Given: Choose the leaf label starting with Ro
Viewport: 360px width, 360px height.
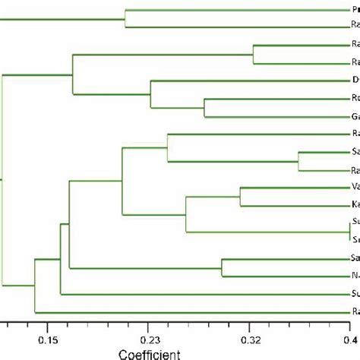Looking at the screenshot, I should pyautogui.click(x=355, y=99).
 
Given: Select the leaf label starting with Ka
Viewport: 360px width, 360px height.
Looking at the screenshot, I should pyautogui.click(x=355, y=205).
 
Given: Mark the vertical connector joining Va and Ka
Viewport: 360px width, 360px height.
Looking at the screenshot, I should pyautogui.click(x=240, y=196).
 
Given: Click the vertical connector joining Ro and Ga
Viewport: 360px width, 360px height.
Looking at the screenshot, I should pyautogui.click(x=204, y=108).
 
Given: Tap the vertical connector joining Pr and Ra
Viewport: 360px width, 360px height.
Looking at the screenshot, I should pyautogui.click(x=125, y=18).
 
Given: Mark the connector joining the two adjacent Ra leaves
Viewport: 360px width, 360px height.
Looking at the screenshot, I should pyautogui.click(x=253, y=54).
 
